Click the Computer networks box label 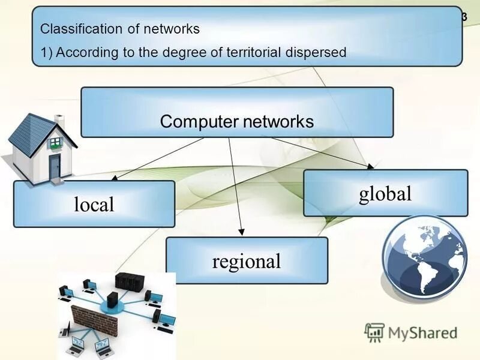pos(236,122)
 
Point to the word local pos(94,205)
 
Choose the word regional pos(246,261)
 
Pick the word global pos(385,193)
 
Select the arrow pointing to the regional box pos(236,186)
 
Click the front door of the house pos(55,166)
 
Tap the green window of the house pos(55,142)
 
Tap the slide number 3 pos(464,17)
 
